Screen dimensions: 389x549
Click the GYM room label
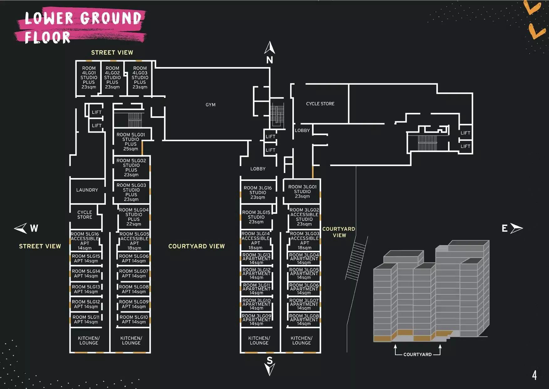(210, 105)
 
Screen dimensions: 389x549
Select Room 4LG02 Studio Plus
(112, 77)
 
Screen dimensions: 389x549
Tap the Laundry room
(87, 190)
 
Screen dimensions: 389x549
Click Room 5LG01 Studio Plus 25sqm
(131, 142)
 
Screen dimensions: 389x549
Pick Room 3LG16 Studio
(258, 192)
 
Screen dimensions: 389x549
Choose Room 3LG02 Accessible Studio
(304, 217)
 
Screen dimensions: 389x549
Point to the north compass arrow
(269, 48)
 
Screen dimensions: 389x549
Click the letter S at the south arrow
(269, 360)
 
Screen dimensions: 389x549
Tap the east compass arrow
(516, 228)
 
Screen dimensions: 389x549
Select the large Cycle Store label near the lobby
(320, 104)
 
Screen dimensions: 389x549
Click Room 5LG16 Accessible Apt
(85, 241)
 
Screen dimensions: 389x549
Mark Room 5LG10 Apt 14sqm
(134, 319)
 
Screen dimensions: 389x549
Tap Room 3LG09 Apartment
(256, 320)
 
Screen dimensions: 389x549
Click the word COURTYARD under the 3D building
(417, 355)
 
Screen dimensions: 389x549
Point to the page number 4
(534, 375)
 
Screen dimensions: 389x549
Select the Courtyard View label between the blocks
(196, 246)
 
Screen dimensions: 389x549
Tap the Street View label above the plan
(112, 53)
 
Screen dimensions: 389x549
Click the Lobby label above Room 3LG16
(258, 169)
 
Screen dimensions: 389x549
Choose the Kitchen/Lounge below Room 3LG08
(301, 340)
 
